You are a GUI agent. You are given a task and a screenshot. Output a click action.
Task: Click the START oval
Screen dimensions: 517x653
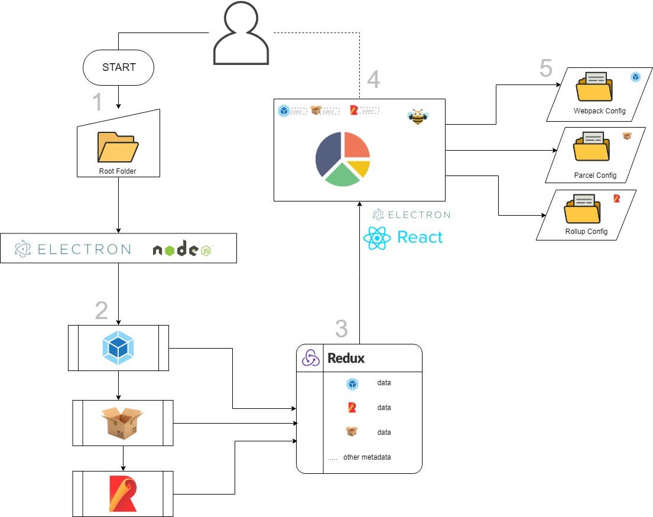pyautogui.click(x=118, y=67)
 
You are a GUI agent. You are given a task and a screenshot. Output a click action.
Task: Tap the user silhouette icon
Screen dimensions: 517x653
pyautogui.click(x=241, y=34)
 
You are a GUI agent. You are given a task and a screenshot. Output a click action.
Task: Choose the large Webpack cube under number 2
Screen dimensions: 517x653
pyautogui.click(x=118, y=347)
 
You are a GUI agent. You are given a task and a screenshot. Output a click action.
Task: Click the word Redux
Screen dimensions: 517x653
pyautogui.click(x=346, y=358)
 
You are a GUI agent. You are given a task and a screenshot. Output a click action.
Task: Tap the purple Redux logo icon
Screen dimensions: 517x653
pyautogui.click(x=311, y=358)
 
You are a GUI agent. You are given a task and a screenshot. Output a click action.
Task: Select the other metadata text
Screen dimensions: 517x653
pyautogui.click(x=366, y=457)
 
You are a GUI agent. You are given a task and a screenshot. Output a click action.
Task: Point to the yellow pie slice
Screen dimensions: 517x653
pyautogui.click(x=360, y=168)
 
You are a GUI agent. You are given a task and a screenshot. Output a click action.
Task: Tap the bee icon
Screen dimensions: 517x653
pyautogui.click(x=418, y=116)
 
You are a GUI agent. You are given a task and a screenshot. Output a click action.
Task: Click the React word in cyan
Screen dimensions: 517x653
pyautogui.click(x=420, y=238)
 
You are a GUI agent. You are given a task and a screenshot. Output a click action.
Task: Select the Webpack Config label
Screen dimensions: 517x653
pyautogui.click(x=599, y=111)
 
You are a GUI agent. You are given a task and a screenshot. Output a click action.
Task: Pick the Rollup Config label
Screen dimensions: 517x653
pyautogui.click(x=586, y=231)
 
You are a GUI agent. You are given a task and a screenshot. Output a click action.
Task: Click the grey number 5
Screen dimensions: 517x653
pyautogui.click(x=545, y=69)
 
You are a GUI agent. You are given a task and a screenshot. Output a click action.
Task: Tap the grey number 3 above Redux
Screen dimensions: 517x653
pyautogui.click(x=341, y=329)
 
